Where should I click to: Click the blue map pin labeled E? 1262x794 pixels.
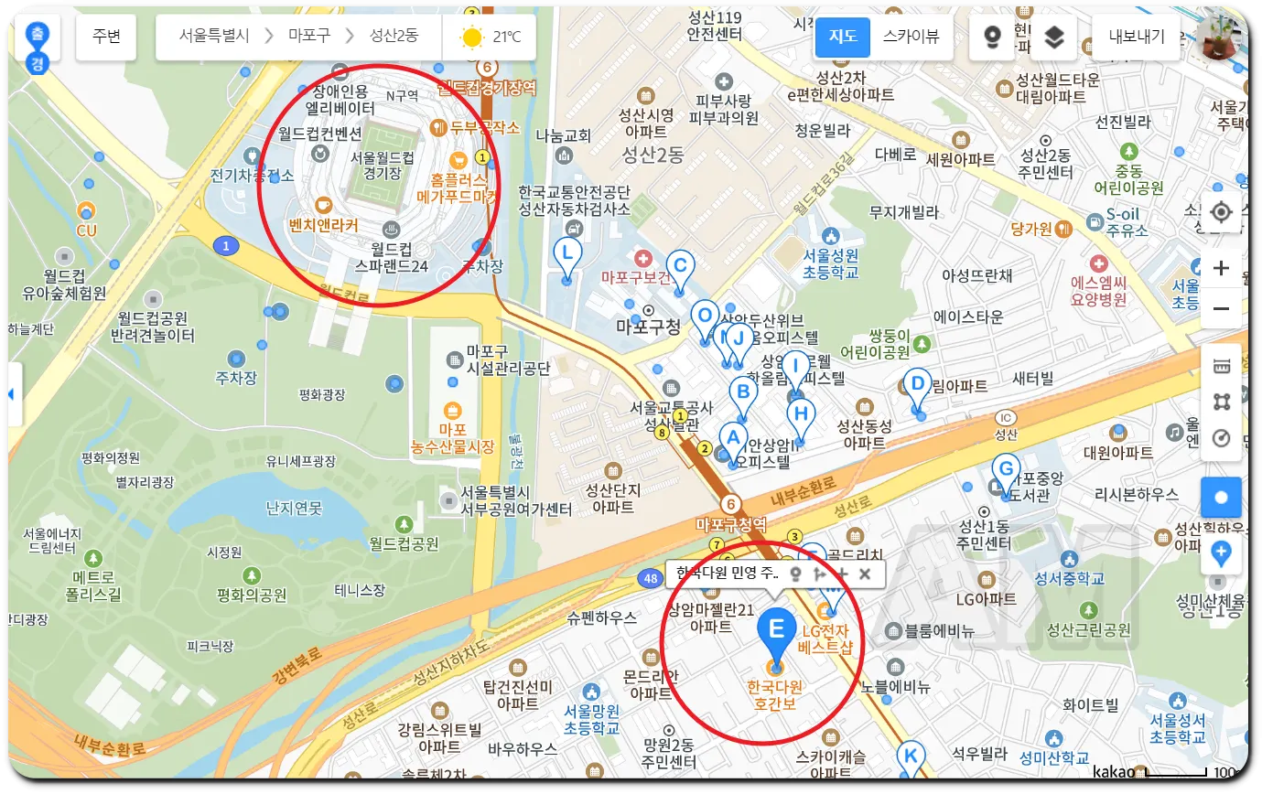tap(776, 632)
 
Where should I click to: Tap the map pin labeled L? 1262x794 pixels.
tap(567, 254)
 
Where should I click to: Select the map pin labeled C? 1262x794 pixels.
tap(679, 266)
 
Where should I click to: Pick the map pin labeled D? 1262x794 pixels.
tap(917, 385)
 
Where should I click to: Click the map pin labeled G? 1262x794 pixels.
tap(1006, 471)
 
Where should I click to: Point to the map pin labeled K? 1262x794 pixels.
tap(910, 757)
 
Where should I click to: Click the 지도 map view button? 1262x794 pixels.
tap(843, 37)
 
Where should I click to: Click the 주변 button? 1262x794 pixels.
tap(107, 37)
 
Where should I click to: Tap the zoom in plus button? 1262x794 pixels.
tap(1221, 268)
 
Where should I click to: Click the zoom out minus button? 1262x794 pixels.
tap(1221, 309)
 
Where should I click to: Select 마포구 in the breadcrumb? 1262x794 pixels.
tap(310, 37)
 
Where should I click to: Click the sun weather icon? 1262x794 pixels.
tap(472, 38)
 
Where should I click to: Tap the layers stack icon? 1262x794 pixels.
tap(1054, 37)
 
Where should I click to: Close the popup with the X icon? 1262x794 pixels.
tap(865, 574)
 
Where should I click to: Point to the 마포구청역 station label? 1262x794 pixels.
tap(729, 524)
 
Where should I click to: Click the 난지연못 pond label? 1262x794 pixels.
tap(295, 507)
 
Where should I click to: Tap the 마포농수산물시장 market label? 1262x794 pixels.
tap(452, 437)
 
